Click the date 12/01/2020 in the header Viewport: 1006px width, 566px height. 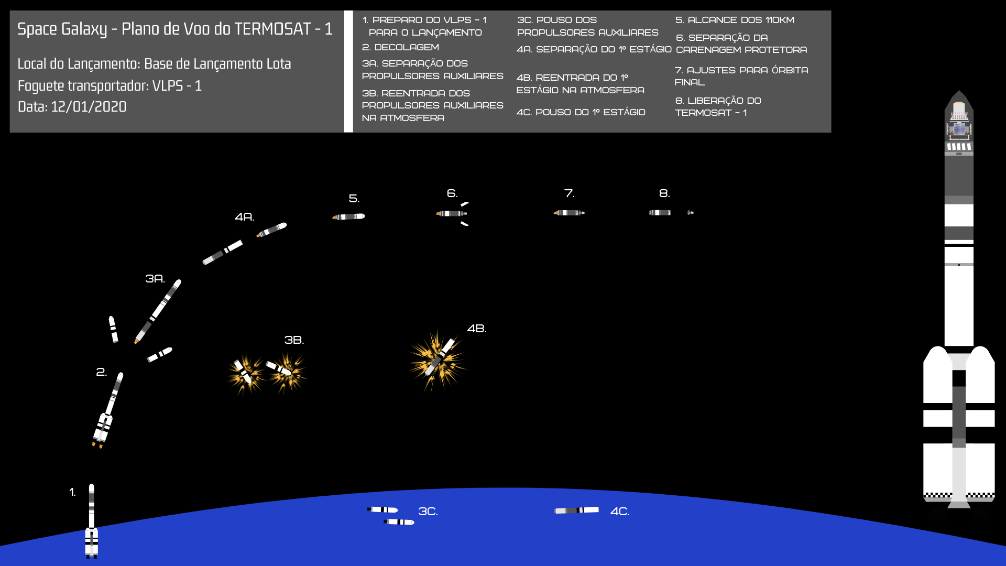tap(89, 107)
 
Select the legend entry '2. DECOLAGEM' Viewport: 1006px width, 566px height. tap(400, 47)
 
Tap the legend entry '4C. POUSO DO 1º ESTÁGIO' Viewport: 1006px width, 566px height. tap(581, 112)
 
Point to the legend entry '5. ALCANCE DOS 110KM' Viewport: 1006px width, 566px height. tap(735, 20)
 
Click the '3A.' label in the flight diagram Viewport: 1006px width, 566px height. tap(155, 279)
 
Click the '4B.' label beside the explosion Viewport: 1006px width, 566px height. tap(477, 329)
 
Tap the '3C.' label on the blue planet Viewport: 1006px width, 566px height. tap(428, 511)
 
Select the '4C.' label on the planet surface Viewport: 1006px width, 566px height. tap(620, 511)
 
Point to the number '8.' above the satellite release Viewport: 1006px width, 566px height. tap(664, 193)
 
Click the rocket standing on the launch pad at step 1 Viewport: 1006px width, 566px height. tap(92, 521)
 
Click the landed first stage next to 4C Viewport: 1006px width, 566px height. tap(577, 510)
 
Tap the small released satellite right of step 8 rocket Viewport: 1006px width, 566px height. tap(691, 213)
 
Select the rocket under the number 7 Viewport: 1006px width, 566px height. tap(569, 213)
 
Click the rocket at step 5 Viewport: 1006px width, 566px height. tap(348, 216)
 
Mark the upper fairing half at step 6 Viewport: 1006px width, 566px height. tap(465, 204)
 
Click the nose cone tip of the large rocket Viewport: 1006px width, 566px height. tap(959, 91)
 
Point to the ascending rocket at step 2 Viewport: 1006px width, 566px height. tap(108, 410)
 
